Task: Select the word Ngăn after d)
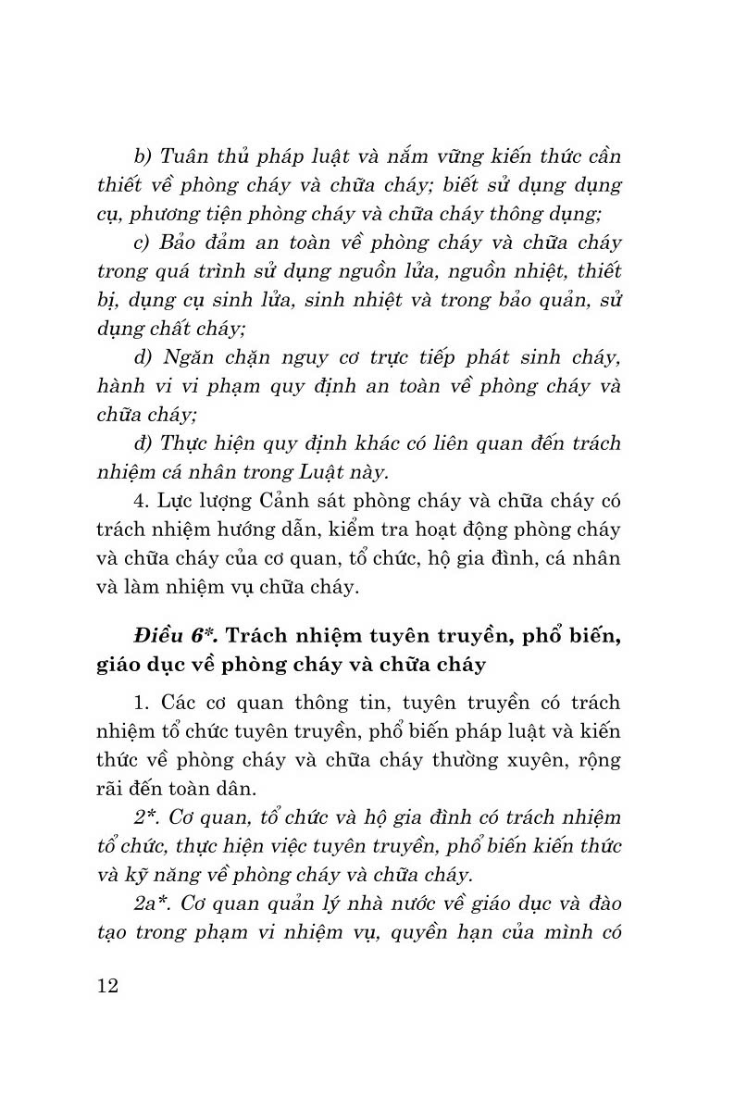click(192, 356)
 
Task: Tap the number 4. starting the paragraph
click(142, 501)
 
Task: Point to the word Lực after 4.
click(177, 501)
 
